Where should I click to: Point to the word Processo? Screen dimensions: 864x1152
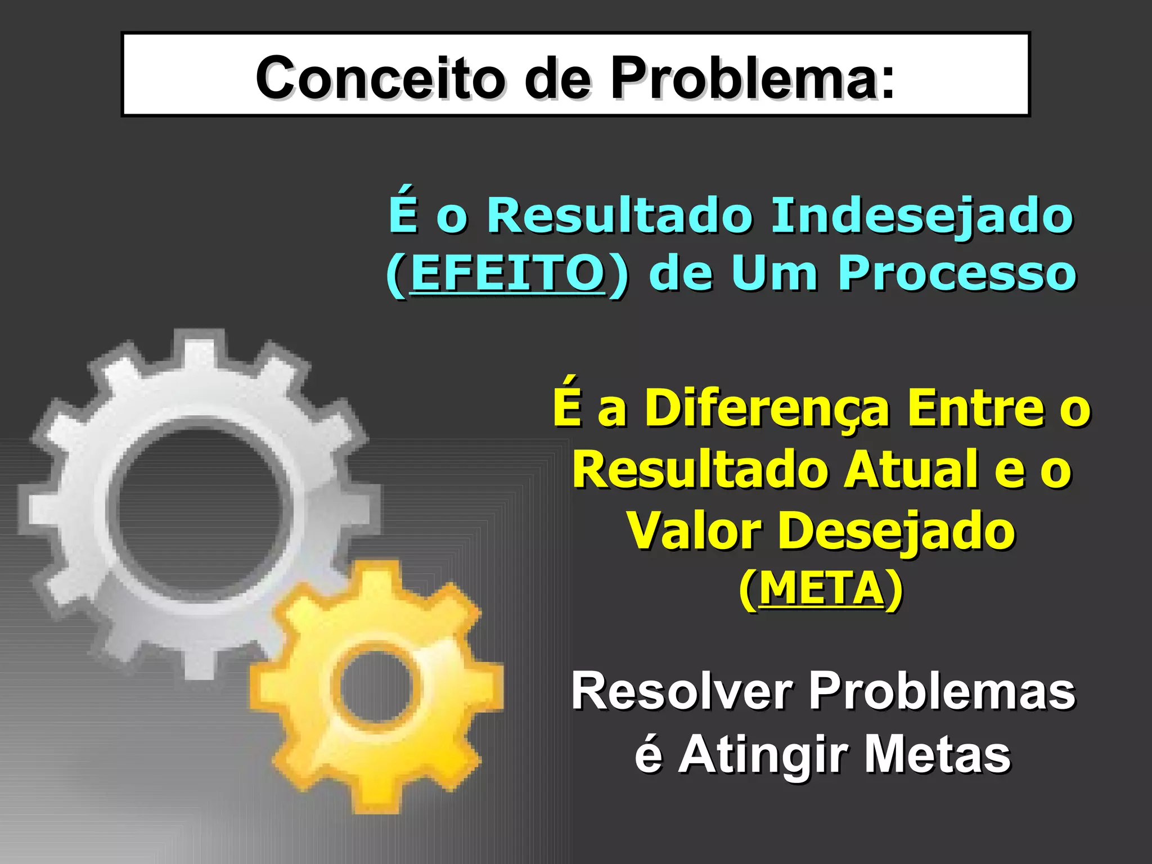[957, 273]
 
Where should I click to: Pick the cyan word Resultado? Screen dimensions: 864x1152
[619, 215]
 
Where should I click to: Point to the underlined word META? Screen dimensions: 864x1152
[821, 589]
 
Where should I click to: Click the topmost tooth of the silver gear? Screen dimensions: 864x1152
[200, 346]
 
